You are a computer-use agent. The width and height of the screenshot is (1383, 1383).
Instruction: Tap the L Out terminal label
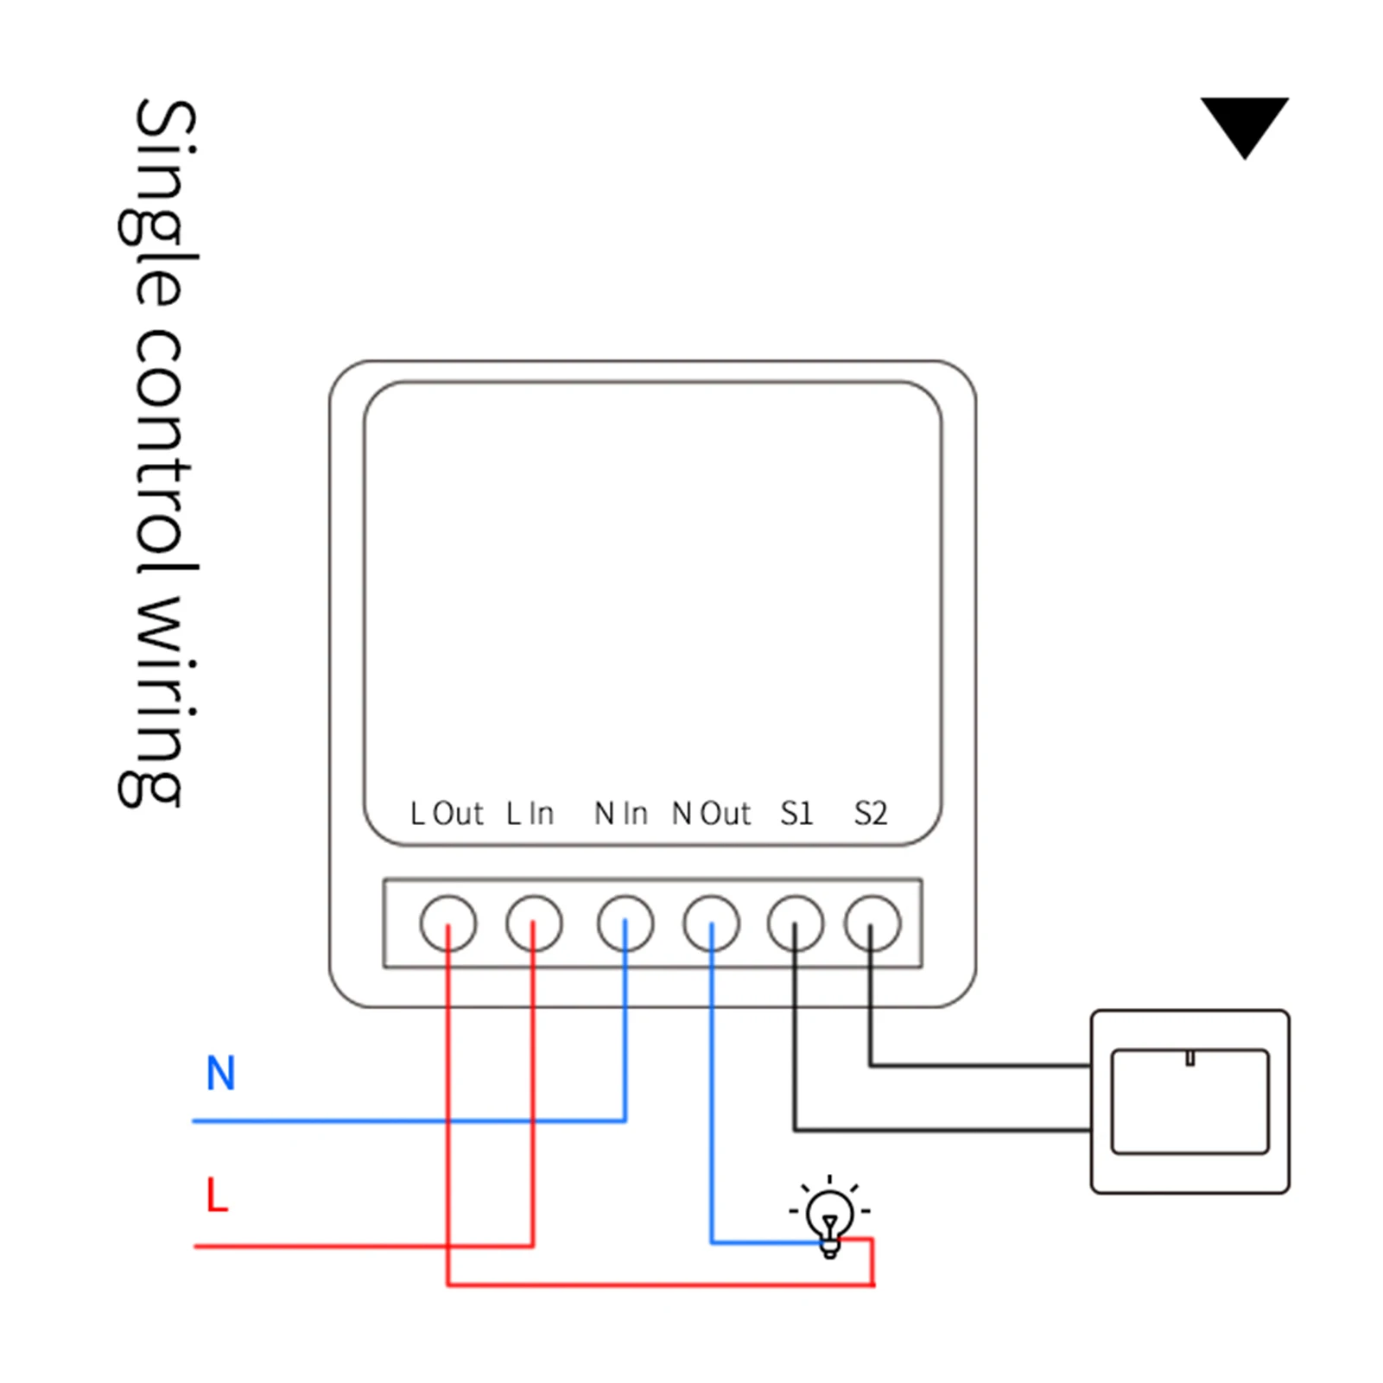447,814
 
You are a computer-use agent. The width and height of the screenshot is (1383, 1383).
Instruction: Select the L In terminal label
530,814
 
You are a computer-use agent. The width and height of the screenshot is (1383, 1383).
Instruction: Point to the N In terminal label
621,814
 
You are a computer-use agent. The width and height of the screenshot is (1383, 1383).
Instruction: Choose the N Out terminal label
712,814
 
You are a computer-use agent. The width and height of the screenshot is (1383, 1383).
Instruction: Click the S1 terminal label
796,814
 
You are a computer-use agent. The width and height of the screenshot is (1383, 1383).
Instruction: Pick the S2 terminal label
871,814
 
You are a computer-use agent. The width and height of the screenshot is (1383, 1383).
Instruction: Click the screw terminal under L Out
447,923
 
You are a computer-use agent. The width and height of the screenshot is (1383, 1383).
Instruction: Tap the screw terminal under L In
534,923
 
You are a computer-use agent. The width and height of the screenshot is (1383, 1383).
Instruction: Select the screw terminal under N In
625,923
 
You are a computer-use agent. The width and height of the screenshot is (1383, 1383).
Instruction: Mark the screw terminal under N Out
712,923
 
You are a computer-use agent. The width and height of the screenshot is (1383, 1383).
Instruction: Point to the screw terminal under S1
796,923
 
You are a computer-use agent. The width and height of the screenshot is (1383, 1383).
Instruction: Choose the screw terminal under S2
872,923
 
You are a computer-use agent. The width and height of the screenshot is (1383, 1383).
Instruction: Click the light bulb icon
830,1218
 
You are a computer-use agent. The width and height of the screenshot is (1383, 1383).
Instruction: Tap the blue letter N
220,1074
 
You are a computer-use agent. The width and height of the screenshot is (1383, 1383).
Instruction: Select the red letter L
217,1196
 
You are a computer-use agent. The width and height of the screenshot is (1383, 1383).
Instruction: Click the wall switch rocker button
1190,1101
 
